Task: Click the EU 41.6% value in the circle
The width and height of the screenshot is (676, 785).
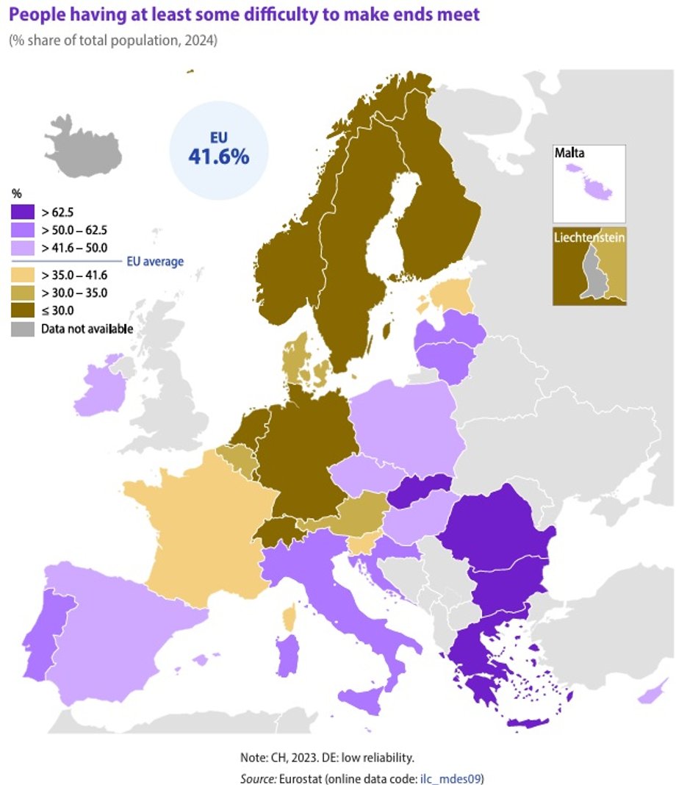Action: coord(219,156)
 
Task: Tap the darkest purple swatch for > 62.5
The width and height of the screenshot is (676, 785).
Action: coord(23,213)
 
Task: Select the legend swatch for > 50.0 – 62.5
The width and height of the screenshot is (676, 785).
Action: coord(23,229)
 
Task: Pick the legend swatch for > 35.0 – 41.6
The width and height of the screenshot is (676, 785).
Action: coord(23,278)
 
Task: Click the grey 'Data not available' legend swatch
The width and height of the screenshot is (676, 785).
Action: coord(23,329)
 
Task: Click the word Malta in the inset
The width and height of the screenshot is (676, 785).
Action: coord(571,154)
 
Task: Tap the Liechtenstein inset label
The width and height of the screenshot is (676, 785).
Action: coord(589,239)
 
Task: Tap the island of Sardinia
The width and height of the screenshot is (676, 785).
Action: coord(288,656)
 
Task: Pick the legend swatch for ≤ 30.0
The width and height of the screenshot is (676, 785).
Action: coord(23,310)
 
